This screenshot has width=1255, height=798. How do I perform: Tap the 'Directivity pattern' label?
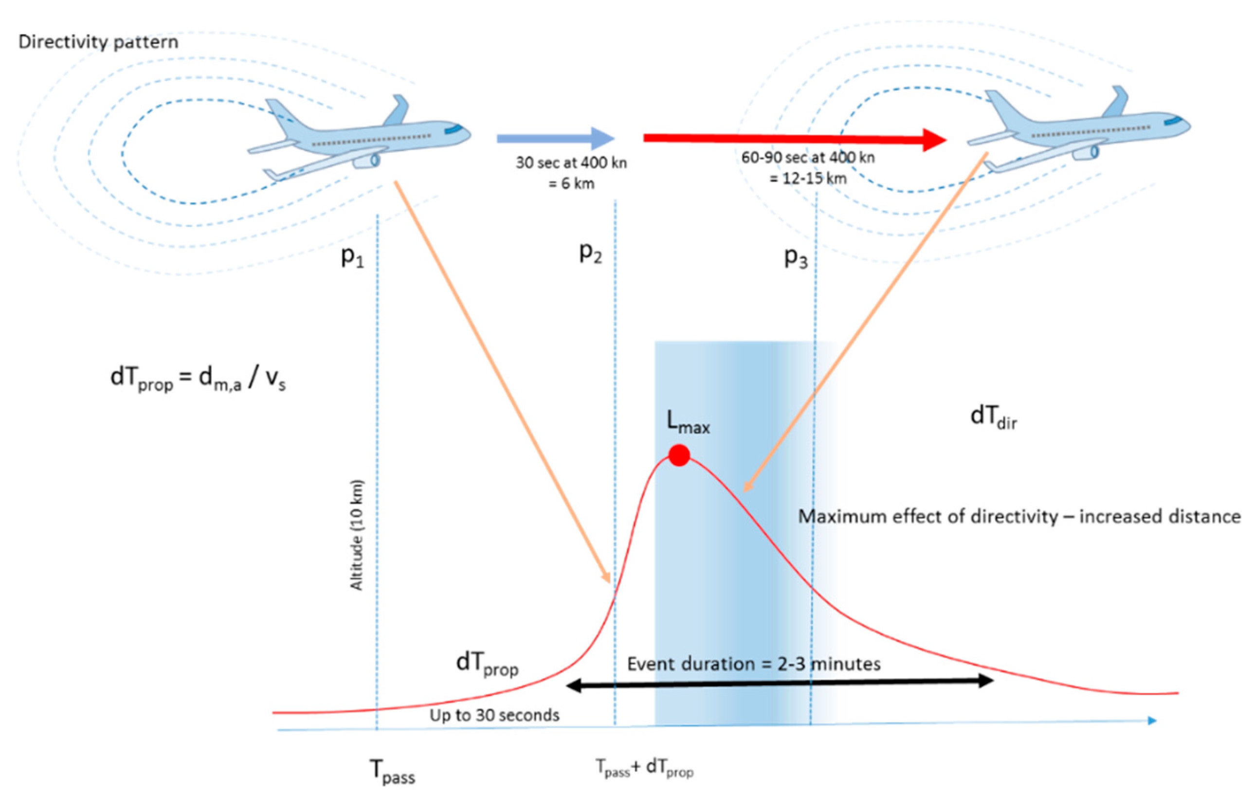[x=98, y=42]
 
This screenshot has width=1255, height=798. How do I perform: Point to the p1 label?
[x=352, y=256]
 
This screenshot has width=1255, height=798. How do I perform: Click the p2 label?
[x=590, y=253]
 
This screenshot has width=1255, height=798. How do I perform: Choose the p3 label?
[x=796, y=257]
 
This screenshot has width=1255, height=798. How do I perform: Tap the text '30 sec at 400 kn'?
[x=571, y=163]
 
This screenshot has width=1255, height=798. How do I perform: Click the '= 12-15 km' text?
[x=808, y=178]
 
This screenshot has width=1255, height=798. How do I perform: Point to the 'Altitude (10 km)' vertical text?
[x=357, y=535]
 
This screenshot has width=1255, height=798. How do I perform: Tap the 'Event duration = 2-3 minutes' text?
[x=754, y=664]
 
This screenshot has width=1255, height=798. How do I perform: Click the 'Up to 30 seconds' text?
[x=494, y=715]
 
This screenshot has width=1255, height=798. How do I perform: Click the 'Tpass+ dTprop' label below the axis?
[x=644, y=768]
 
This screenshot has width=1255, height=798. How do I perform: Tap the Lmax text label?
[x=688, y=423]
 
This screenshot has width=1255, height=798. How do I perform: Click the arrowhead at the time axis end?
[x=1152, y=720]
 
